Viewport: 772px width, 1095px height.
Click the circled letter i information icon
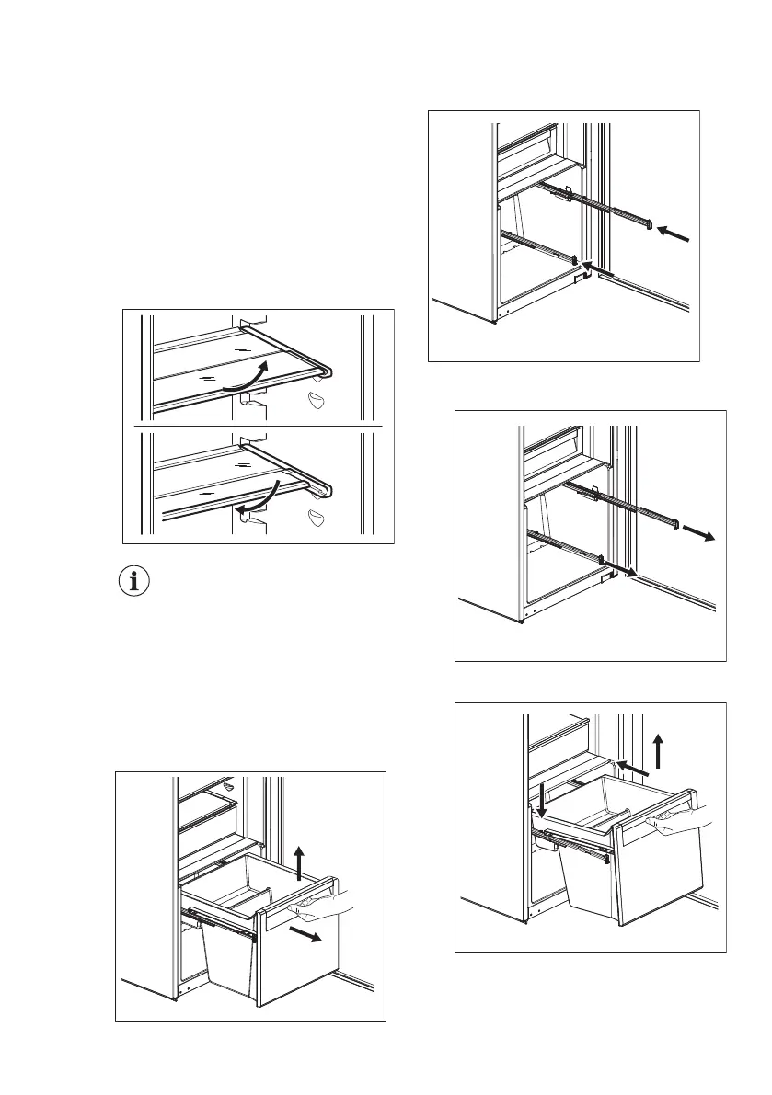[137, 581]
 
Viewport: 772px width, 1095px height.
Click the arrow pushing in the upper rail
[674, 236]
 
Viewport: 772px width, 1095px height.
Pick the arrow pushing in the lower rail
[598, 268]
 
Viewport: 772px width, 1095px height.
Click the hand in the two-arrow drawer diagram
[322, 906]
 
